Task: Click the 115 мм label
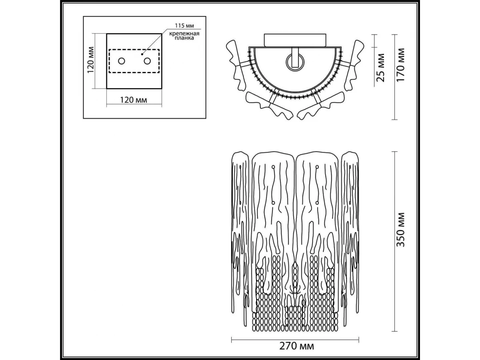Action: (x=184, y=26)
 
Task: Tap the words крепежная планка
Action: (x=184, y=36)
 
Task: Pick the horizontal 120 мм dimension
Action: (x=134, y=100)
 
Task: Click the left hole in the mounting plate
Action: (x=122, y=61)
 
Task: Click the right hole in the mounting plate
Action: (x=147, y=61)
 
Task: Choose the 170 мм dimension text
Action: (x=401, y=65)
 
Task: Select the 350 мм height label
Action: (x=401, y=230)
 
